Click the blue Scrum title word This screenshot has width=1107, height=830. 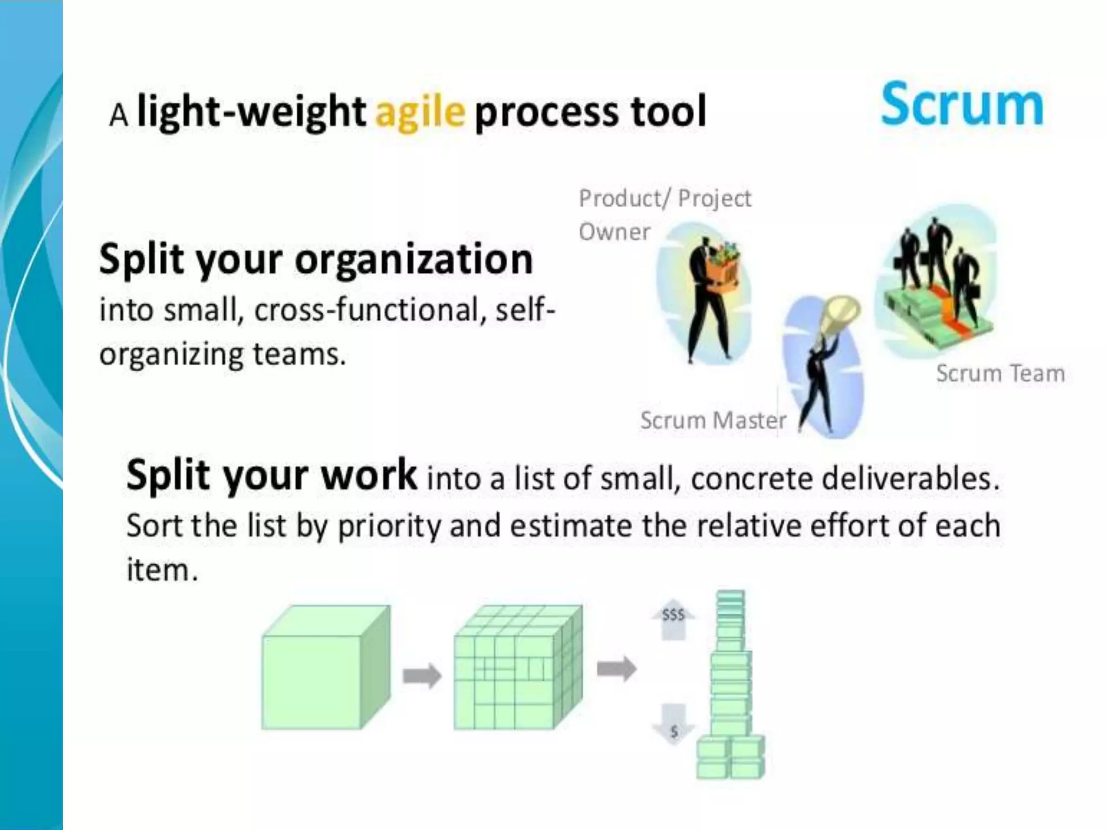(x=962, y=105)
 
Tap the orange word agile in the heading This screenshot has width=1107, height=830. (x=420, y=112)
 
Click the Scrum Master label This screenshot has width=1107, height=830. (x=713, y=420)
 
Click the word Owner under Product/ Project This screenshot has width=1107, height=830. (x=615, y=232)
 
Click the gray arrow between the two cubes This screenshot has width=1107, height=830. (x=422, y=675)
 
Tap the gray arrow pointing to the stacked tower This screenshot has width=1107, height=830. (x=617, y=670)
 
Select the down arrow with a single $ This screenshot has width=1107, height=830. (x=673, y=724)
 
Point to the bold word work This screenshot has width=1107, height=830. (x=369, y=475)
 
